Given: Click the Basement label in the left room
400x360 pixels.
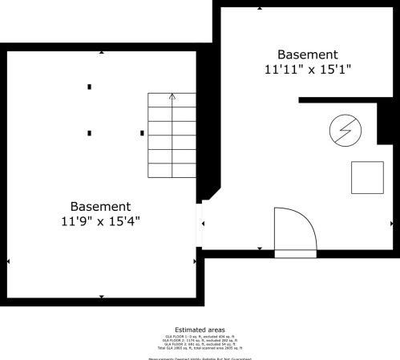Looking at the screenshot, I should pos(99,205).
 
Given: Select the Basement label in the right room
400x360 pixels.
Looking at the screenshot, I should pos(308,54).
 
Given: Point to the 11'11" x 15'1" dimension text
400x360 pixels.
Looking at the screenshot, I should pos(308,69).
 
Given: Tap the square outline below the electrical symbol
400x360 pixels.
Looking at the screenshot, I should pos(367,177).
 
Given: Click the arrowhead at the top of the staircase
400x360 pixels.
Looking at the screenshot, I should pos(172,95).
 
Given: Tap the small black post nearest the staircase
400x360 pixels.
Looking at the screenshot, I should pos(142,132).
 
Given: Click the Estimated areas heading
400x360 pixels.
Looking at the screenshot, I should pos(200,330).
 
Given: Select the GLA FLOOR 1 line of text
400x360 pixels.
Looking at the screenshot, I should pos(200,336).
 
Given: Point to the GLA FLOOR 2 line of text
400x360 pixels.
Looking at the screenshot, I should pos(200,340).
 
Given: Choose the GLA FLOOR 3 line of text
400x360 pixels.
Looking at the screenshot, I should pos(200,344).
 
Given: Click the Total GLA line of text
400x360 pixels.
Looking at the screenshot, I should pos(200,348).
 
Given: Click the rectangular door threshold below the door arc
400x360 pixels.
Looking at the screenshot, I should pos(296,253).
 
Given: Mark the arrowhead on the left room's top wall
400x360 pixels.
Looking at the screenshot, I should pos(101,53).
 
